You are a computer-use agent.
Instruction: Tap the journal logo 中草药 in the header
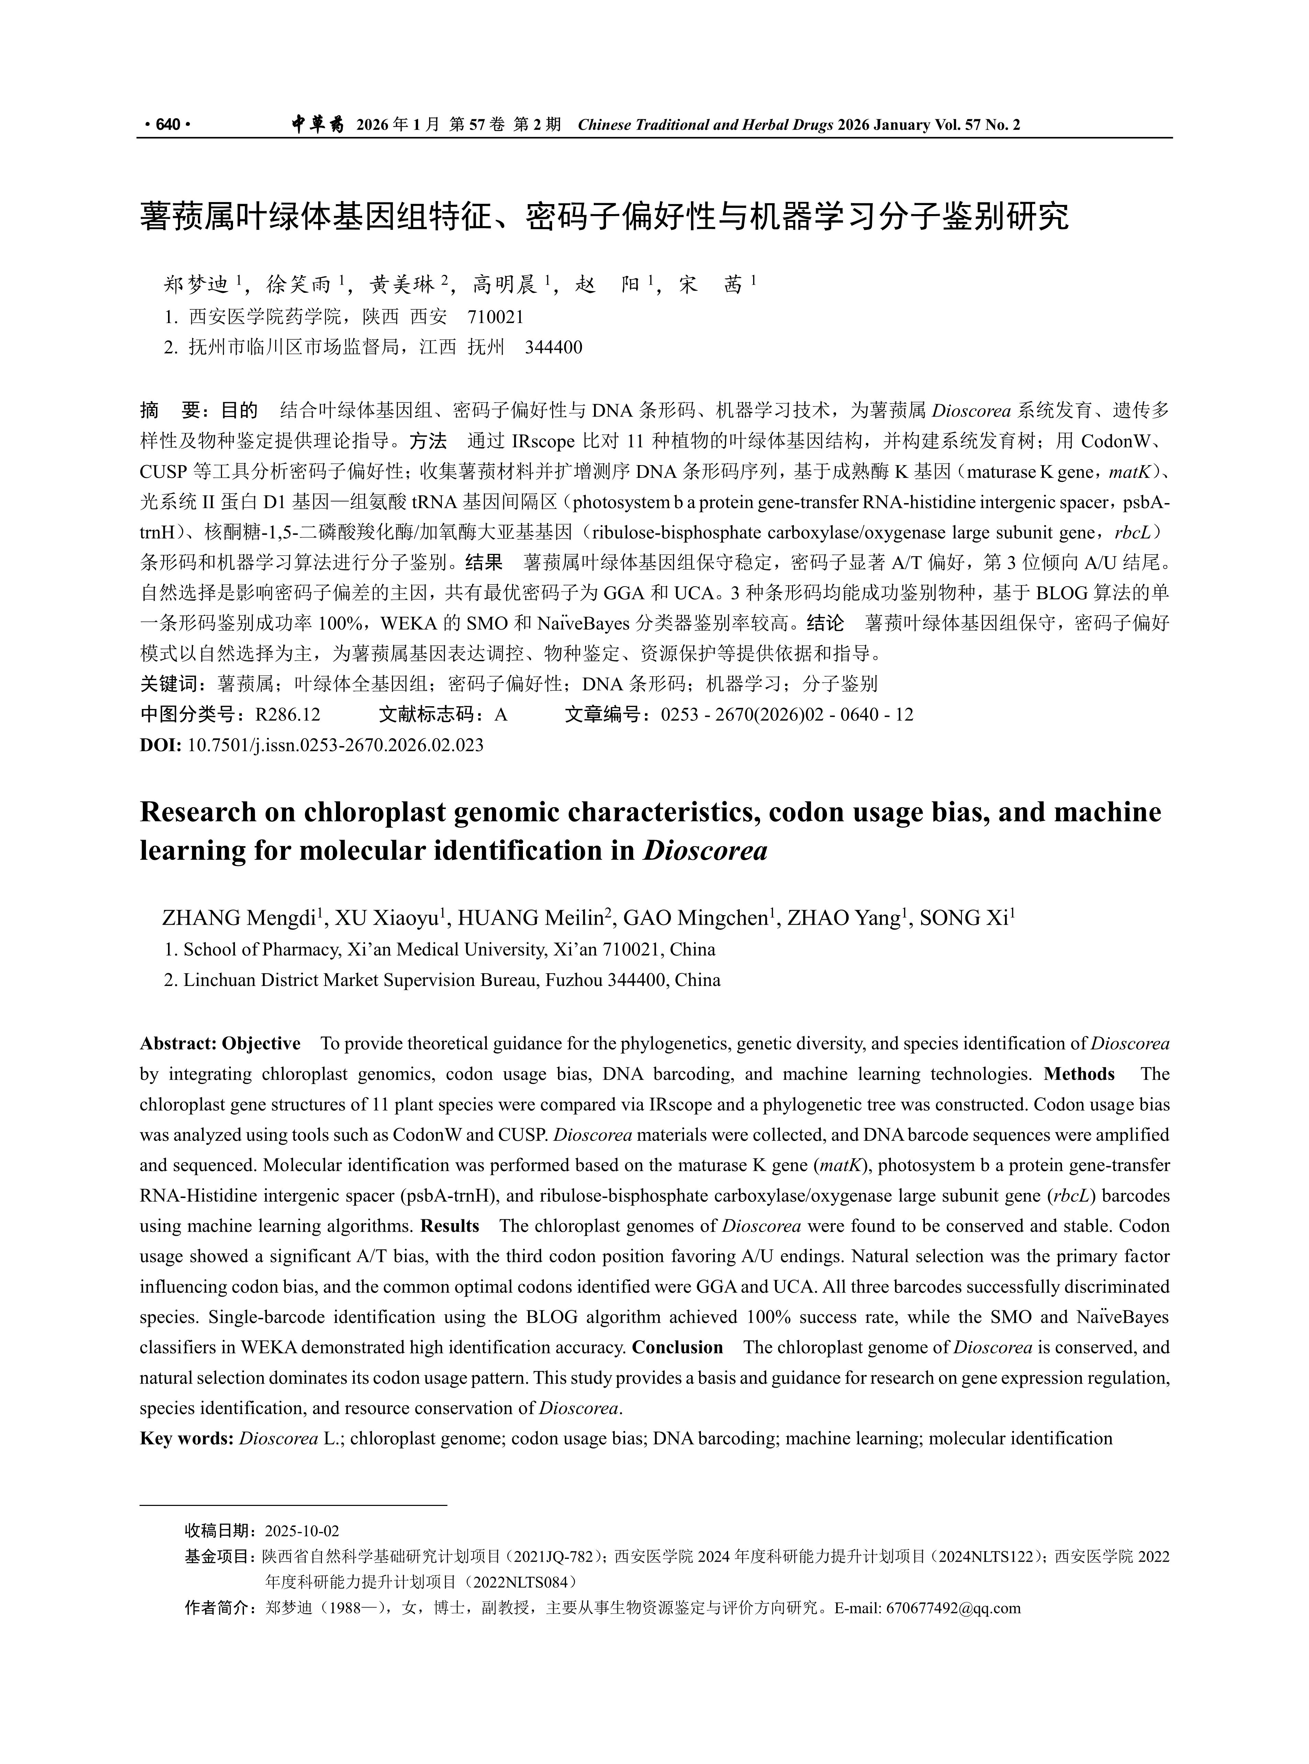[316, 124]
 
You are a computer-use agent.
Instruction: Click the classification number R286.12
[288, 715]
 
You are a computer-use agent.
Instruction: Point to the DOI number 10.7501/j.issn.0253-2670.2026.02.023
[335, 745]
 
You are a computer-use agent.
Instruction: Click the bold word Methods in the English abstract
[1079, 1075]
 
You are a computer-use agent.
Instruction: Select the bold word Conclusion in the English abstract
[678, 1348]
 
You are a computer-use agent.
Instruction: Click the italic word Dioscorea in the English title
[705, 850]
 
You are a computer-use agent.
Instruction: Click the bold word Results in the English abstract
[450, 1226]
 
